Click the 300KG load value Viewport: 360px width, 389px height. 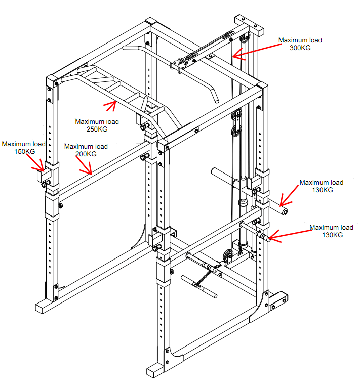click(x=300, y=48)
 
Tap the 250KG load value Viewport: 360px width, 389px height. click(x=97, y=129)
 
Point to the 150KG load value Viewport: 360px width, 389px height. click(x=24, y=151)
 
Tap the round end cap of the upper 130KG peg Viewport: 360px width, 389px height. click(x=285, y=210)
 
